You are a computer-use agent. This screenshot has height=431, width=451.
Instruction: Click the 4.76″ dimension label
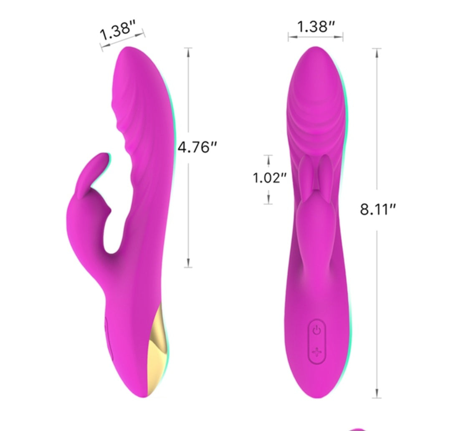197,147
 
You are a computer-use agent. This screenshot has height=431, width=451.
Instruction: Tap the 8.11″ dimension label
378,209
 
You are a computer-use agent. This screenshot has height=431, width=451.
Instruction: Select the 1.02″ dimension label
270,178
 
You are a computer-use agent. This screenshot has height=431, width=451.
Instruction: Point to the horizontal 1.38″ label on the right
316,26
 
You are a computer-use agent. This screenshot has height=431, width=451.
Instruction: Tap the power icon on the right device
317,330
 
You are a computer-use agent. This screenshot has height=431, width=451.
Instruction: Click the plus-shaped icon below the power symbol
317,352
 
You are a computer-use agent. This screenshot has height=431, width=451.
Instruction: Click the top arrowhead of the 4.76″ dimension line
188,52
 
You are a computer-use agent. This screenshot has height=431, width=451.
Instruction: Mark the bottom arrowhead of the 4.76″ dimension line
188,263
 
